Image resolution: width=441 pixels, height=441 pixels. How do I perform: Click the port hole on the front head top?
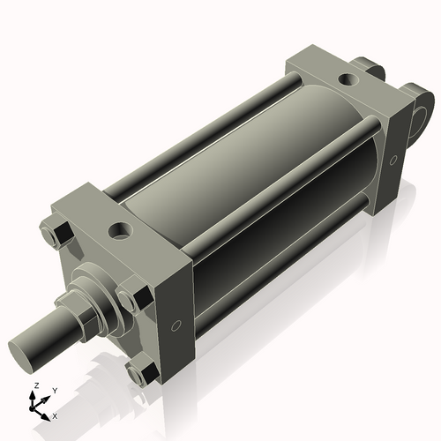117,232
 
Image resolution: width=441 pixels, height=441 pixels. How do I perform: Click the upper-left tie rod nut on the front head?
60,234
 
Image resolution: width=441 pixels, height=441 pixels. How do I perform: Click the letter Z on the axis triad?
36,386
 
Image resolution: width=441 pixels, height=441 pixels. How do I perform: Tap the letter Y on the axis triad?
54,391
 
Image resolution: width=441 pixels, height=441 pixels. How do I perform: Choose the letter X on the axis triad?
56,415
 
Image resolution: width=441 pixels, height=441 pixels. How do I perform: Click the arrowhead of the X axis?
48,413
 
